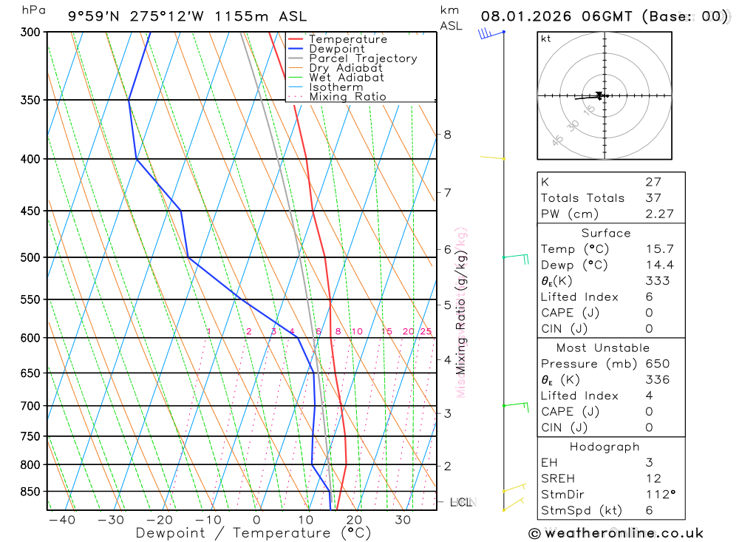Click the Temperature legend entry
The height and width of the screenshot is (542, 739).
(347, 39)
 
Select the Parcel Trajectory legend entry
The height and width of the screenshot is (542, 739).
(362, 58)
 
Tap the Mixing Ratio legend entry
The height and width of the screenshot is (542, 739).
(347, 97)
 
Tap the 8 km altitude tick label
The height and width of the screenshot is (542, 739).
(447, 135)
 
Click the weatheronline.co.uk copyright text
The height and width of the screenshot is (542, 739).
(616, 533)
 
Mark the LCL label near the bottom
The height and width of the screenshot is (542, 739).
(460, 503)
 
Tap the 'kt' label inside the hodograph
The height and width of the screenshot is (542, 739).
(546, 38)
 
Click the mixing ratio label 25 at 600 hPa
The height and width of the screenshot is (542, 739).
(426, 332)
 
